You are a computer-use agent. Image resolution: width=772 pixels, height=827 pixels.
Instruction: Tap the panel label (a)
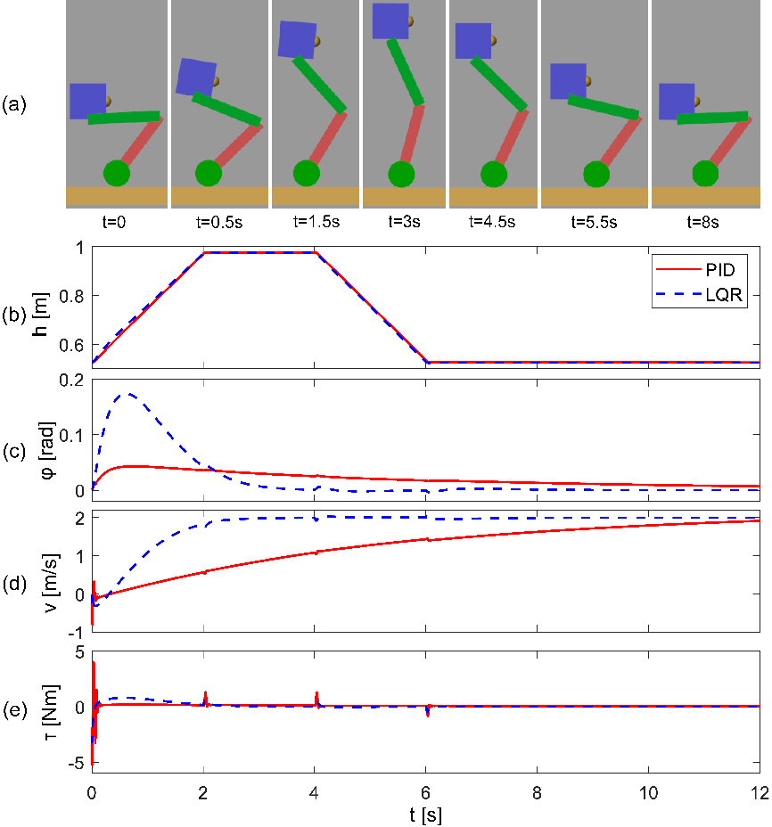[14, 104]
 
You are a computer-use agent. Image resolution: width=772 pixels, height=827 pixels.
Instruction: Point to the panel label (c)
[14, 450]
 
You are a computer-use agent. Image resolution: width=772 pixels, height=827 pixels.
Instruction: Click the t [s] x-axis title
[424, 815]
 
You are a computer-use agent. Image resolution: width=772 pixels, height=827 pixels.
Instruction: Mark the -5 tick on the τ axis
[77, 763]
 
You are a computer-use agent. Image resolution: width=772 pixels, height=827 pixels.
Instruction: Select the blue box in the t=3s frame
[390, 20]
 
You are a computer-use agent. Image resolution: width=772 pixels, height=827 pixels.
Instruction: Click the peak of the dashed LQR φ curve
[129, 393]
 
